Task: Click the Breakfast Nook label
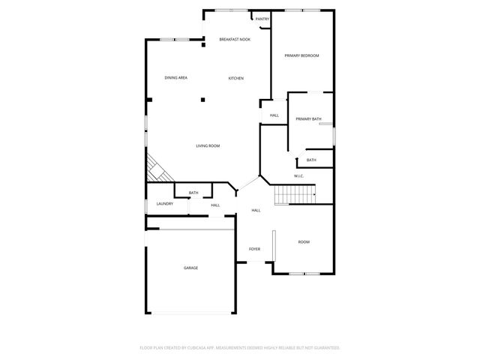[235, 39]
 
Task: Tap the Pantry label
[262, 19]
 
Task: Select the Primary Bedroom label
[301, 55]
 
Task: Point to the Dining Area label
[176, 78]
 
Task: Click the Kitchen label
[236, 78]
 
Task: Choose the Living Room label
[208, 145]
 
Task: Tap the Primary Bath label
[308, 118]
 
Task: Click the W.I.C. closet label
[298, 176]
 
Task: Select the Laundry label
[165, 204]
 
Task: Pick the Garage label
[191, 268]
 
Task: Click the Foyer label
[255, 249]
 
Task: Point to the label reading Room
[304, 241]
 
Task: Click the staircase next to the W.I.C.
[295, 196]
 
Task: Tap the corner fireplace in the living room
[157, 169]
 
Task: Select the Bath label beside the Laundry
[193, 193]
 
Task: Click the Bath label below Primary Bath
[311, 160]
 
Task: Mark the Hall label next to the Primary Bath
[274, 115]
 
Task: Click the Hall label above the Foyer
[256, 210]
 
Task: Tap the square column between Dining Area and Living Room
[202, 98]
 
